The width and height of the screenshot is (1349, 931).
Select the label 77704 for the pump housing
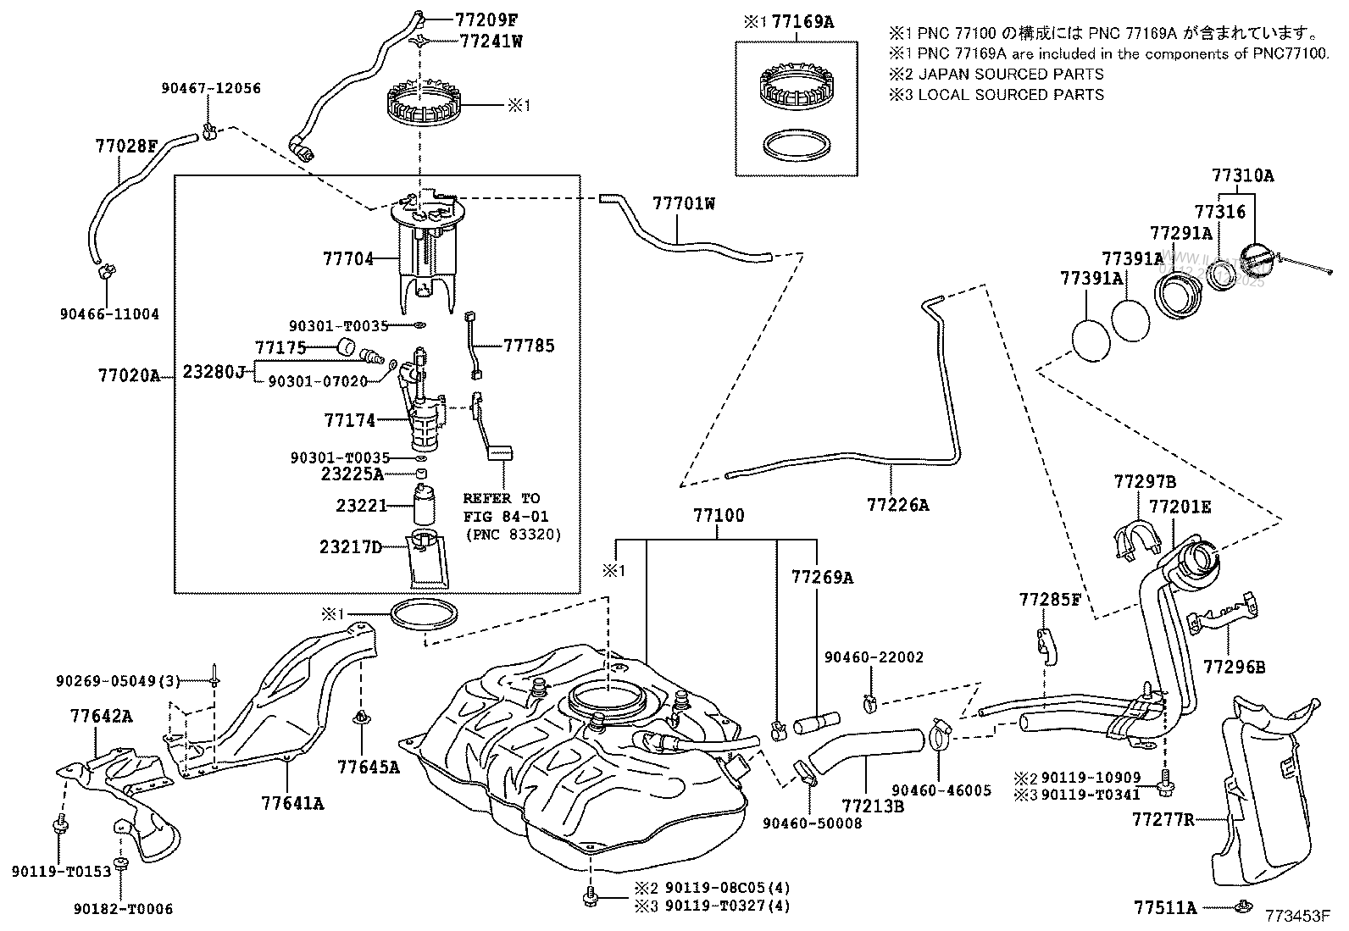pos(347,258)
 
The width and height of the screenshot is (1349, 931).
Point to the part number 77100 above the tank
pos(718,515)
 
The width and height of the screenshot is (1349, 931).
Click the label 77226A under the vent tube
pos(897,505)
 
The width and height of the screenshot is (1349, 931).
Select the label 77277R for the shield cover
pos(1163,819)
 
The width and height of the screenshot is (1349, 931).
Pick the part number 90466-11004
pos(109,314)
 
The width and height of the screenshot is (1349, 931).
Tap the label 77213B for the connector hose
pos(873,806)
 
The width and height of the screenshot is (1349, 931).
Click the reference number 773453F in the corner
pos(1299,917)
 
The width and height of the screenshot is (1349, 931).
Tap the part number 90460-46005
pos(941,790)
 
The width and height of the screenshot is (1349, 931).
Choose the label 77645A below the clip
pos(367,768)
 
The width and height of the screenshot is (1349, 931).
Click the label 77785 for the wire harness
pos(529,346)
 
